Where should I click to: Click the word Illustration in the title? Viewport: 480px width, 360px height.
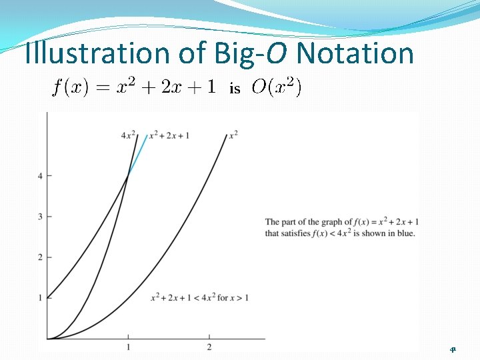(86, 53)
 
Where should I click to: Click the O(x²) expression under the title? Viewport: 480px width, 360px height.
(276, 87)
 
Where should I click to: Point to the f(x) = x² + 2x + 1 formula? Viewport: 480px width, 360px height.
(133, 87)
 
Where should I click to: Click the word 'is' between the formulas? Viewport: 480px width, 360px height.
(234, 89)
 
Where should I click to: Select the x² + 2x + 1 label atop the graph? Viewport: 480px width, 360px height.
(169, 135)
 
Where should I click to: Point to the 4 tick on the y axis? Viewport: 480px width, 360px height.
(41, 176)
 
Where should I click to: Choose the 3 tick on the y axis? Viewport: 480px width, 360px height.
(41, 217)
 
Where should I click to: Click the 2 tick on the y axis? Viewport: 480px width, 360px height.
(41, 257)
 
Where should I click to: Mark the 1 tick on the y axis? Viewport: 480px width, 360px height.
(41, 297)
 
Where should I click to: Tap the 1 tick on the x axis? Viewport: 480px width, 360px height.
(128, 347)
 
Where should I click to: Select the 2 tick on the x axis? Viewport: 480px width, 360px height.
(209, 347)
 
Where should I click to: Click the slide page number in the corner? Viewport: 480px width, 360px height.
(453, 349)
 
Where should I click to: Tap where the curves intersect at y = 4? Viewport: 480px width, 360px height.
(128, 176)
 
